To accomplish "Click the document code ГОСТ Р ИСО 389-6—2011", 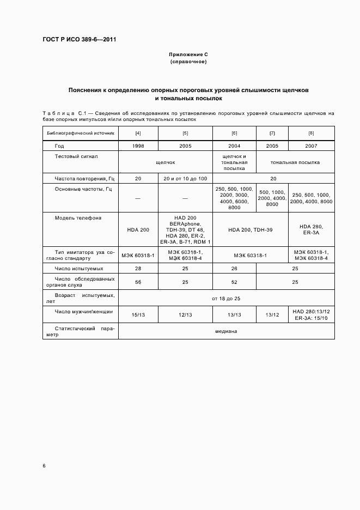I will (x=80, y=40).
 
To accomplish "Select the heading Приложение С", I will (x=188, y=55).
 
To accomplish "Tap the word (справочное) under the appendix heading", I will (x=188, y=62).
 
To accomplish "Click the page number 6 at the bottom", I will (x=44, y=466).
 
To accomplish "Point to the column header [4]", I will (x=138, y=133).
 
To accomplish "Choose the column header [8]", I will (x=311, y=133).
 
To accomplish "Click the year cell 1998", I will (x=138, y=146).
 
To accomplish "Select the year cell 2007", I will (x=311, y=146).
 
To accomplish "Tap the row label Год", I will (x=59, y=146).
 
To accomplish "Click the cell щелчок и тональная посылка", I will (x=234, y=162).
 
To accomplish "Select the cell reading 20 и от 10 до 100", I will (x=185, y=178).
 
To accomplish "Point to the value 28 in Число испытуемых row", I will (x=138, y=269).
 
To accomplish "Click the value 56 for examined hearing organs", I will (x=138, y=282).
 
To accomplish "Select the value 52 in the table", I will (x=234, y=282).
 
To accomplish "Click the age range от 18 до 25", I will (x=226, y=299).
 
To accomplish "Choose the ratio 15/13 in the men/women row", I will (x=138, y=314).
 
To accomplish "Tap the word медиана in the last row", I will (x=226, y=331).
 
